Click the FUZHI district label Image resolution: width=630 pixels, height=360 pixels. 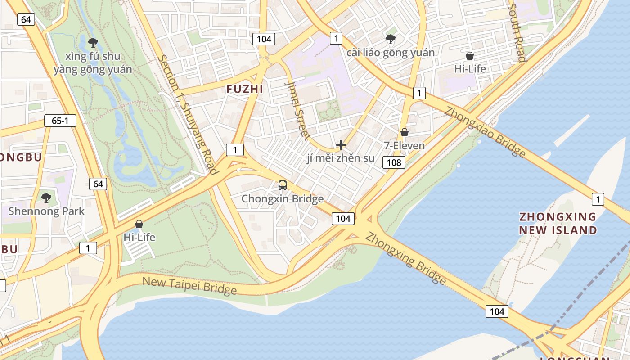pyautogui.click(x=245, y=89)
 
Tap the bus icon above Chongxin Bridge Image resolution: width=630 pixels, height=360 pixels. pyautogui.click(x=283, y=185)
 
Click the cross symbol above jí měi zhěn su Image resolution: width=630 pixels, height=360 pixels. pyautogui.click(x=341, y=145)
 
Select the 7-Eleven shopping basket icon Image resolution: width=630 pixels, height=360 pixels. pyautogui.click(x=405, y=132)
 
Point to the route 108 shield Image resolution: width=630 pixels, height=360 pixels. pyautogui.click(x=394, y=162)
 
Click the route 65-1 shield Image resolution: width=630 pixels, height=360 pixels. pyautogui.click(x=60, y=121)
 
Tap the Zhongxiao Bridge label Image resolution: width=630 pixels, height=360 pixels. pyautogui.click(x=485, y=132)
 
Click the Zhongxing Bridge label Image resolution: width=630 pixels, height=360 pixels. pyautogui.click(x=405, y=258)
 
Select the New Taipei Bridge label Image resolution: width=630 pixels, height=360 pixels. pyautogui.click(x=189, y=286)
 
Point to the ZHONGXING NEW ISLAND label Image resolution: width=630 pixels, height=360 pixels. pyautogui.click(x=558, y=223)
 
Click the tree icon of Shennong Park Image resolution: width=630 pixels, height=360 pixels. pyautogui.click(x=46, y=198)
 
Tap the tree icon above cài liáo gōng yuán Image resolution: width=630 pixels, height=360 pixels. pyautogui.click(x=391, y=39)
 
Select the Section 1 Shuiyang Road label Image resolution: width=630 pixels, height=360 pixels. pyautogui.click(x=188, y=115)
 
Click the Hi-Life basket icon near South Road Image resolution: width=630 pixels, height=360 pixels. pyautogui.click(x=470, y=56)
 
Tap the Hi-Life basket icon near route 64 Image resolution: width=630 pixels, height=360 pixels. pyautogui.click(x=139, y=224)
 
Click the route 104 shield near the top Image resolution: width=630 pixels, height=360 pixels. pyautogui.click(x=264, y=39)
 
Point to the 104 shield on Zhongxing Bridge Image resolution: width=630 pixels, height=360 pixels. pyautogui.click(x=497, y=311)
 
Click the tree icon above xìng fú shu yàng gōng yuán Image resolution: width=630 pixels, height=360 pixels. pyautogui.click(x=93, y=43)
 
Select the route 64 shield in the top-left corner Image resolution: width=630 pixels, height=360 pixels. pyautogui.click(x=26, y=19)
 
